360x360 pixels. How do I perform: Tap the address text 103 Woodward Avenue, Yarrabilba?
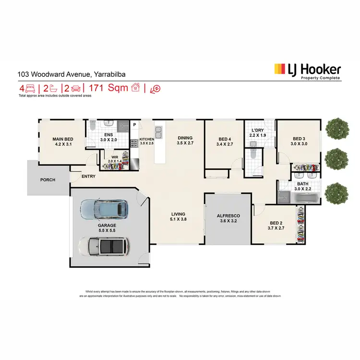(x=62, y=74)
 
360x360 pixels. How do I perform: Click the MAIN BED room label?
(x=62, y=142)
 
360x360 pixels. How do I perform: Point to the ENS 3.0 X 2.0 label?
(x=108, y=137)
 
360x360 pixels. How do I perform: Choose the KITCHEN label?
(x=147, y=141)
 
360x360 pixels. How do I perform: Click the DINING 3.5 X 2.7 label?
(x=185, y=140)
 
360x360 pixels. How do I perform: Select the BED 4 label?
(x=225, y=142)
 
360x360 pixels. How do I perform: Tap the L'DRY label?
(x=258, y=133)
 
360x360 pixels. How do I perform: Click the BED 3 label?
(x=299, y=141)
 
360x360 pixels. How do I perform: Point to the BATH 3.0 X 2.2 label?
(x=303, y=186)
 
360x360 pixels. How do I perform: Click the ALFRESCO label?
(x=228, y=219)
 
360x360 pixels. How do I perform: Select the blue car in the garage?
(x=104, y=209)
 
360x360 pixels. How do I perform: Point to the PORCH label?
(x=48, y=180)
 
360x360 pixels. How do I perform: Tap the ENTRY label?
(x=88, y=176)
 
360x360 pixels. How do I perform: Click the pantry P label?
(x=135, y=126)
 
